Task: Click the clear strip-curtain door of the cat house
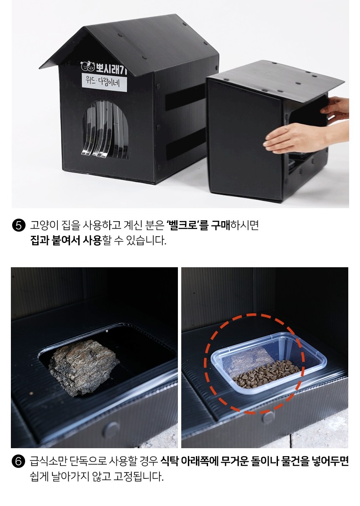[105, 130]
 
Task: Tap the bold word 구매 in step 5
[221, 226]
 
